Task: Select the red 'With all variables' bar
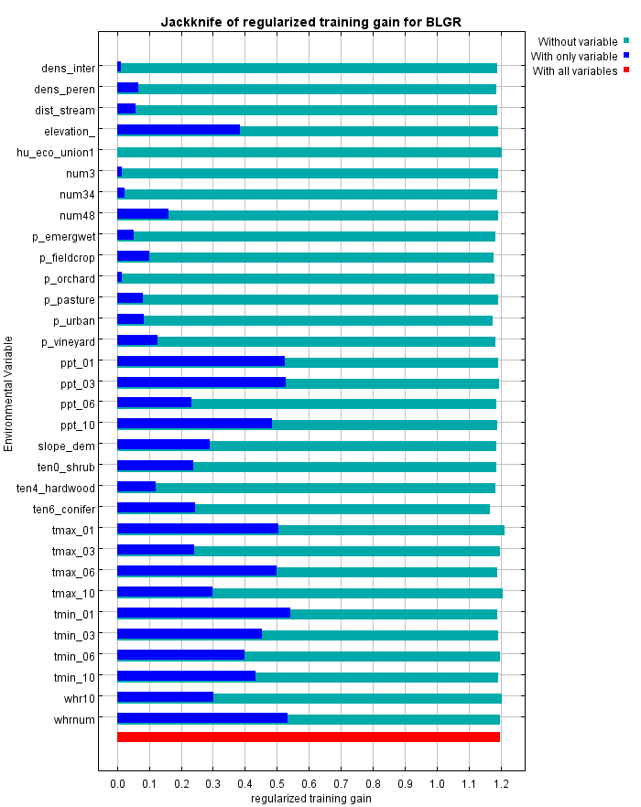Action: [309, 737]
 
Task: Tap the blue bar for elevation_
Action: [179, 130]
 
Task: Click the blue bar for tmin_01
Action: [203, 613]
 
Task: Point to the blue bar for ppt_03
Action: [201, 382]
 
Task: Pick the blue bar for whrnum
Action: [202, 718]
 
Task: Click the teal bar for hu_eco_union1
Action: [309, 152]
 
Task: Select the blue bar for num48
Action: [143, 214]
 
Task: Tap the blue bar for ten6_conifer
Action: [156, 508]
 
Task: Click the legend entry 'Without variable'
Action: [577, 41]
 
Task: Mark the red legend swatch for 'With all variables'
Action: [626, 70]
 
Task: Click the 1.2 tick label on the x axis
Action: [500, 784]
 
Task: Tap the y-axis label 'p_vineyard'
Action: [68, 341]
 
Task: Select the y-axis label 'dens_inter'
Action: [68, 68]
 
